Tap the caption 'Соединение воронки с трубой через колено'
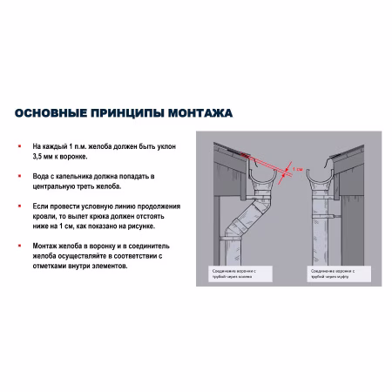point(232,274)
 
